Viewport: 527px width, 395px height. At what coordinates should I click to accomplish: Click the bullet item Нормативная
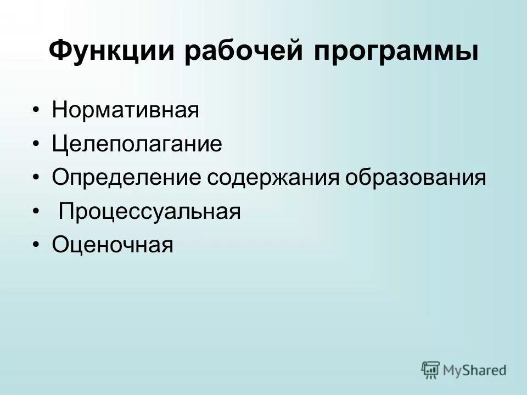(125, 110)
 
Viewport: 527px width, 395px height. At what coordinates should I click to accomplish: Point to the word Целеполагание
(137, 144)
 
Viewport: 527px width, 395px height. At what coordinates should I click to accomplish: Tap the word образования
(416, 178)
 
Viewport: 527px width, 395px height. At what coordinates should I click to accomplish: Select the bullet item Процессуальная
(150, 212)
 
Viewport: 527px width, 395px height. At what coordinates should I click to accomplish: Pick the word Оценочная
(113, 245)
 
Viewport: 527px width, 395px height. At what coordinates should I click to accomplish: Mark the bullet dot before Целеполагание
(36, 145)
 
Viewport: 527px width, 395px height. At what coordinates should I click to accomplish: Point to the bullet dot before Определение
(36, 179)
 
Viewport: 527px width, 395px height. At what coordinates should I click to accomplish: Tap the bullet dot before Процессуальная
(36, 212)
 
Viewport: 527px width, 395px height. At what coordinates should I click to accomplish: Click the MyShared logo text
(475, 370)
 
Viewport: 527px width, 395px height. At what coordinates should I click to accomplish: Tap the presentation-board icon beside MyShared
(431, 370)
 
